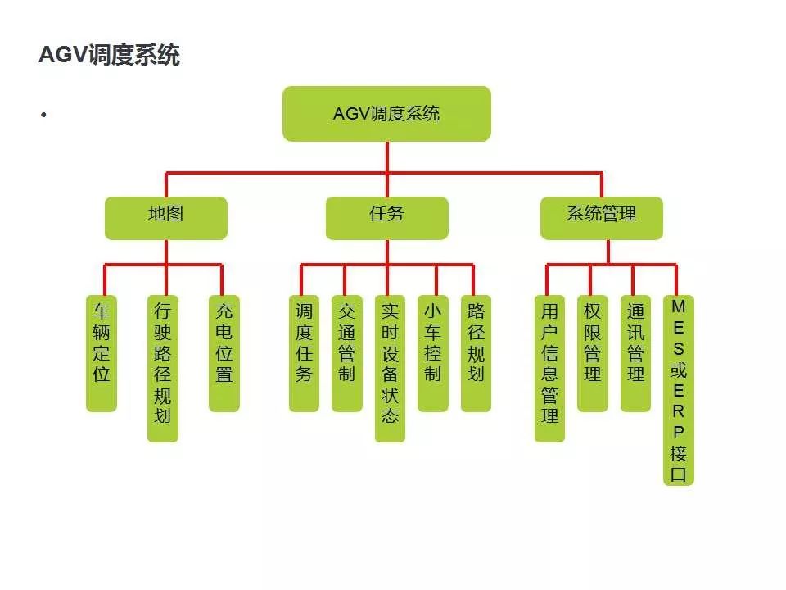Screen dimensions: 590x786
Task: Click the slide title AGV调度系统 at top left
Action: pos(109,56)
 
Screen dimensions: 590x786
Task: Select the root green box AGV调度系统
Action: pos(386,113)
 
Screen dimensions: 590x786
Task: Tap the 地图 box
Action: pos(165,217)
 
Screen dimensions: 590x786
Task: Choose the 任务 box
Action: pos(386,217)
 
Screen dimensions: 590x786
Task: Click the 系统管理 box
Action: pos(602,217)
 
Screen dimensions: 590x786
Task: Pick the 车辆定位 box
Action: pos(102,352)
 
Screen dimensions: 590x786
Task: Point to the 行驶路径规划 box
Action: pos(162,368)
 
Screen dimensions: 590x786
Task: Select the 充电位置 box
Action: pos(224,352)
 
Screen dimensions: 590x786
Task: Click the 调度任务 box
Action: pos(304,352)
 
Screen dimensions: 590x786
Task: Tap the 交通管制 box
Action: pos(346,352)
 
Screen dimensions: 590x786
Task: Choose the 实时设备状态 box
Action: pos(390,368)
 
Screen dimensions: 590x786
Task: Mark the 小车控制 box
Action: pos(433,352)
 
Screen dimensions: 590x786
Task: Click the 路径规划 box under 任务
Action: pos(476,352)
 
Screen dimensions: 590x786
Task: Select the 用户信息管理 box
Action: pos(549,368)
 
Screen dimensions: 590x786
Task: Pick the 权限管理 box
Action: pos(593,352)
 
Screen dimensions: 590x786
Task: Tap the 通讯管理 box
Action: pos(635,352)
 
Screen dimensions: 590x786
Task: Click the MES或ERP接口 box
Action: pos(679,390)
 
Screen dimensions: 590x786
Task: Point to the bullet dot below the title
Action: pos(41,114)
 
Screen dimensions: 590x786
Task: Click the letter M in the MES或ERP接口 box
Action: pos(679,306)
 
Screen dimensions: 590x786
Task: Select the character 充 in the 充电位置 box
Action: pos(224,311)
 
